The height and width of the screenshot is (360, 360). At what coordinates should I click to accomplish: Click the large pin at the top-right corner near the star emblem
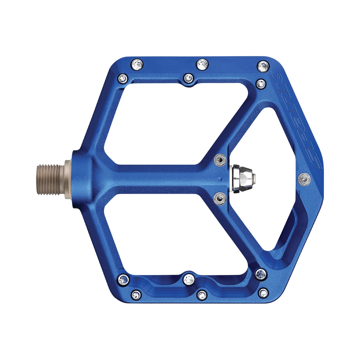pos(263,66)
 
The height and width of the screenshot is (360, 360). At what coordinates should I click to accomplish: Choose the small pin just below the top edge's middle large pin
pos(189,78)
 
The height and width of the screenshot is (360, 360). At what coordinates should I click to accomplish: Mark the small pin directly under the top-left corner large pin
pos(123,79)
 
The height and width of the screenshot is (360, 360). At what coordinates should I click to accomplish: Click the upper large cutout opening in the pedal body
pos(173,123)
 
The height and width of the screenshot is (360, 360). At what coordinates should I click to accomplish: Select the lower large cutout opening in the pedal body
pos(173,233)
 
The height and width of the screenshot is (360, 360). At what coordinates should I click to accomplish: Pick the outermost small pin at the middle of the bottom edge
pos(202,295)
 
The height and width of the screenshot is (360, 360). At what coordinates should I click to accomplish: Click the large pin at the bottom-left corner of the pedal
pos(124,279)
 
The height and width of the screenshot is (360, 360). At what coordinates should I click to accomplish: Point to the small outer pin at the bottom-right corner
pos(264,293)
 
